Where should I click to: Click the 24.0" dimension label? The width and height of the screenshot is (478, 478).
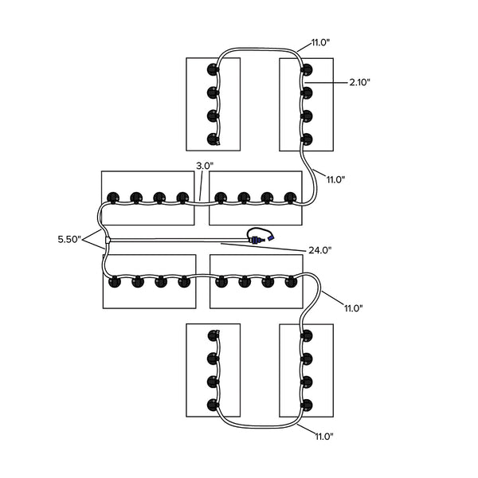[x=319, y=250]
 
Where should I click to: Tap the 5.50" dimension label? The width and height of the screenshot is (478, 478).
[x=70, y=239]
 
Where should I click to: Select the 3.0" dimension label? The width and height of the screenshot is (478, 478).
[x=204, y=166]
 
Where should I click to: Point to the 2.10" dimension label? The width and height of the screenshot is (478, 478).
[x=359, y=81]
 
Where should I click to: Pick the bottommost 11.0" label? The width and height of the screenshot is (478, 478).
[x=323, y=436]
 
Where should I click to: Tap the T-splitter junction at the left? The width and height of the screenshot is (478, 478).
[x=107, y=239]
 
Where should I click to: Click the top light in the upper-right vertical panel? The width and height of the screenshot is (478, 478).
[x=306, y=69]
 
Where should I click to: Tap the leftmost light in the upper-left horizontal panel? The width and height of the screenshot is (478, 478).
[x=112, y=197]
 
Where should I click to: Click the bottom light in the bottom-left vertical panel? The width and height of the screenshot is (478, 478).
[x=213, y=404]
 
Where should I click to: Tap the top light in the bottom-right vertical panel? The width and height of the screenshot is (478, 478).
[x=307, y=335]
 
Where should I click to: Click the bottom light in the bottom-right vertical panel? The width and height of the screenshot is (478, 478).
[x=307, y=404]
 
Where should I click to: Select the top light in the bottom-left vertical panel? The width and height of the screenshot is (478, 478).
[x=213, y=335]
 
